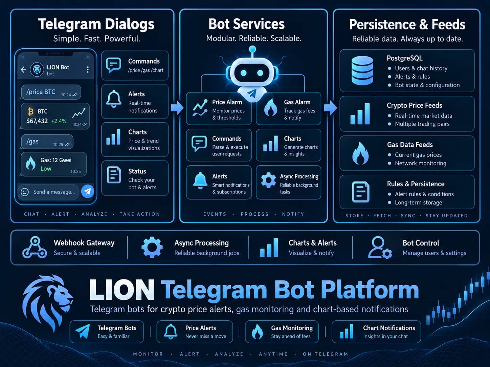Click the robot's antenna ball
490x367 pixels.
[x=252, y=49]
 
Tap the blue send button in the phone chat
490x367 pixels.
[x=88, y=191]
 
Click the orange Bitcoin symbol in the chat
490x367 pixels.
[x=30, y=112]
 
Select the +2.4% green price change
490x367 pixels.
[x=59, y=121]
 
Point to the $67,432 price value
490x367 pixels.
[x=37, y=121]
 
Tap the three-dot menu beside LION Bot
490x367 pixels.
[x=88, y=70]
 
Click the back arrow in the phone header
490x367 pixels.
[x=23, y=70]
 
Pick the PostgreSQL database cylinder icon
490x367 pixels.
[x=362, y=71]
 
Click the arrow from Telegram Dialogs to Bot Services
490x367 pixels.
[x=177, y=107]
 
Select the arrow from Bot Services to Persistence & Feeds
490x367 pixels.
[x=330, y=108]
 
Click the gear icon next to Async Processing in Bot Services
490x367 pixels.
[x=268, y=180]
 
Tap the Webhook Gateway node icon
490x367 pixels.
[x=35, y=247]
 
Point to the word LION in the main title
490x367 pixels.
[x=122, y=290]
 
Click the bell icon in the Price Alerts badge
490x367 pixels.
[x=171, y=332]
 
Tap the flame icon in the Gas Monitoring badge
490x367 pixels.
[x=257, y=332]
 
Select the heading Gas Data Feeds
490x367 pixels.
[x=410, y=145]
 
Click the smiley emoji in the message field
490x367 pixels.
[x=25, y=192]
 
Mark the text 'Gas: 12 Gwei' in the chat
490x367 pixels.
[x=56, y=160]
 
